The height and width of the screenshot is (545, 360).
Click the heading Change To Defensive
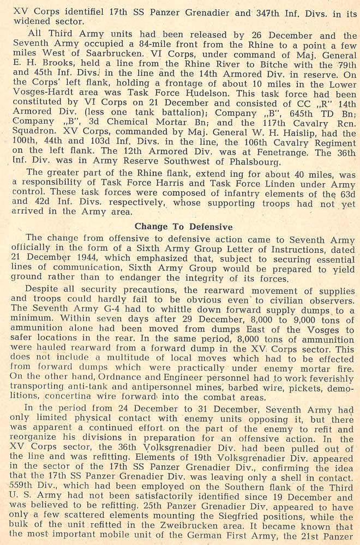click(x=183, y=226)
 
